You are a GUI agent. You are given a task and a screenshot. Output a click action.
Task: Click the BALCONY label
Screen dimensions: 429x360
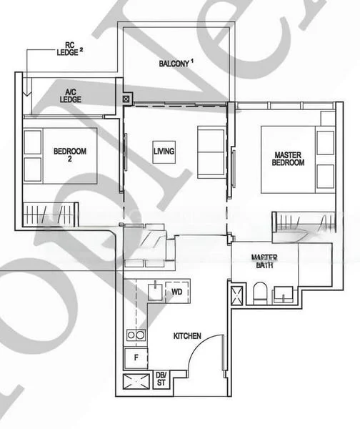[x=176, y=64]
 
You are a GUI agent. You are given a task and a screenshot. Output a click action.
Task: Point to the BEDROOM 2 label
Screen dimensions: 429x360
[x=70, y=155]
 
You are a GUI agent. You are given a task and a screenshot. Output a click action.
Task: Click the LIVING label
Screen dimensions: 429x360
[x=164, y=151]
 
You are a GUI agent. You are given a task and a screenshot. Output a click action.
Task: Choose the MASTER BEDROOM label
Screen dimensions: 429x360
[x=289, y=158]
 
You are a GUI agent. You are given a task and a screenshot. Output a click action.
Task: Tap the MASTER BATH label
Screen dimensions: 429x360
[x=264, y=261]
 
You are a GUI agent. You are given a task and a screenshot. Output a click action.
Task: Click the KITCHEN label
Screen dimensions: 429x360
[x=186, y=335]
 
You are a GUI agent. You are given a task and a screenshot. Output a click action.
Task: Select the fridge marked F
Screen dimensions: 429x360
[x=136, y=357]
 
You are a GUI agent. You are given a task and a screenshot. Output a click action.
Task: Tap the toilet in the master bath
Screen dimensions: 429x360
[x=260, y=293]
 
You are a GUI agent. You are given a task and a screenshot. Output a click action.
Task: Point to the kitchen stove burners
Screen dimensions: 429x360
[x=136, y=334]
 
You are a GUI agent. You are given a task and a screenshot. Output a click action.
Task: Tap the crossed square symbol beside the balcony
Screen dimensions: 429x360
[x=127, y=100]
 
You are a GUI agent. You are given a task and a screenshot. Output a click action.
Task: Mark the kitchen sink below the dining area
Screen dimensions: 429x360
[x=156, y=290]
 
